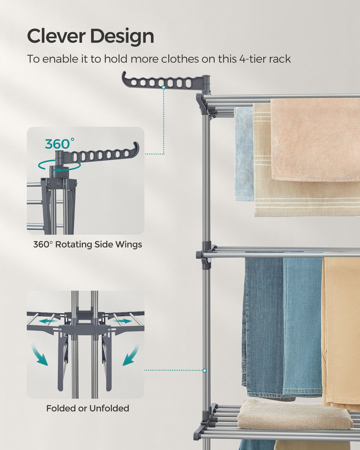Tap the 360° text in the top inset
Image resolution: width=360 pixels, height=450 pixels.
pyautogui.click(x=60, y=144)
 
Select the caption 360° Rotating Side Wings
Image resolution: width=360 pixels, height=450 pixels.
pyautogui.click(x=88, y=245)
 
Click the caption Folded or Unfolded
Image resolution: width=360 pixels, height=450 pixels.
pyautogui.click(x=88, y=409)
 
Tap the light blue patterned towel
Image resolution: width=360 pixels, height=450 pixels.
pyautogui.click(x=243, y=153)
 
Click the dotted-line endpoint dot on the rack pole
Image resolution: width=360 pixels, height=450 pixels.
pyautogui.click(x=204, y=371)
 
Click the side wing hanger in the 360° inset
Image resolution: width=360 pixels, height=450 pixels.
pyautogui.click(x=103, y=154)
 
